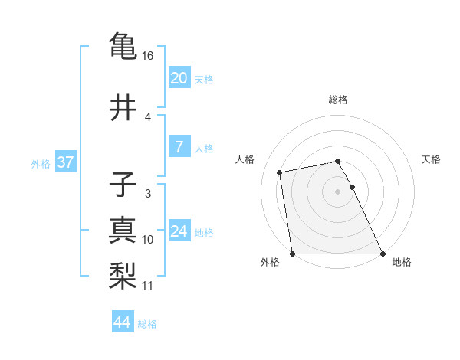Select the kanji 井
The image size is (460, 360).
(123, 108)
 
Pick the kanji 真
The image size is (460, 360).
(123, 231)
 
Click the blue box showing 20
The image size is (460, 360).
(179, 78)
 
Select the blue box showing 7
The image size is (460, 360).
(179, 147)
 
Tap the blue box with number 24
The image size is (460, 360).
(179, 231)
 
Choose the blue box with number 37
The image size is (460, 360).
(65, 162)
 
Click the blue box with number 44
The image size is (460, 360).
(122, 322)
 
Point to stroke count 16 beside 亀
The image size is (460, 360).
(147, 56)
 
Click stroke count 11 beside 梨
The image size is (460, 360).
(147, 286)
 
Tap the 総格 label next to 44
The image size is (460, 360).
(147, 324)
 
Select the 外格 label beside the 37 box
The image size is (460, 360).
(41, 163)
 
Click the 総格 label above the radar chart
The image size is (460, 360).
(337, 100)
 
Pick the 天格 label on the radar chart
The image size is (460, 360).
(431, 159)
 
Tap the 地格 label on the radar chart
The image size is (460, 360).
(402, 262)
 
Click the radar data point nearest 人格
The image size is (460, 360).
(281, 172)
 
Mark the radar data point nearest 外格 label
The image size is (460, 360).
(292, 254)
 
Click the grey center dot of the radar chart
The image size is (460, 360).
(337, 191)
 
